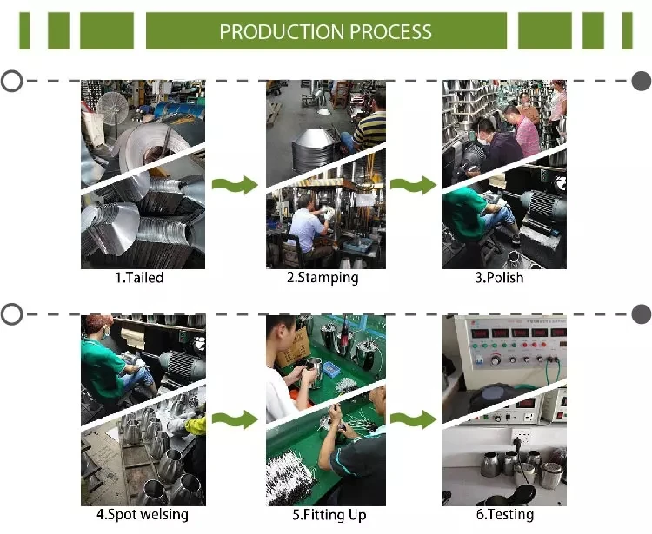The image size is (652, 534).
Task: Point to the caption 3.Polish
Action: tap(499, 278)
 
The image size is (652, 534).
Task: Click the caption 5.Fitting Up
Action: tap(323, 514)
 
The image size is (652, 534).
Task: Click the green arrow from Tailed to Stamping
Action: tap(236, 184)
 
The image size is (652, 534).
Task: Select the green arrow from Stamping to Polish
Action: tap(412, 184)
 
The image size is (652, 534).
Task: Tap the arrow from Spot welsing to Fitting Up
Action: tap(236, 419)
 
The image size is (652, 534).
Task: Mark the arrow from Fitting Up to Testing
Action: tap(412, 419)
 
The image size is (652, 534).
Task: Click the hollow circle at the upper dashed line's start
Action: tap(11, 82)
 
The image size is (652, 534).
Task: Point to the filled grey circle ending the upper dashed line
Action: tap(641, 82)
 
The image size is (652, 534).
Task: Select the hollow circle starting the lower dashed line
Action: tap(11, 314)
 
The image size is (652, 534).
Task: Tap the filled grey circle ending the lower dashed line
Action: tap(641, 314)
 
